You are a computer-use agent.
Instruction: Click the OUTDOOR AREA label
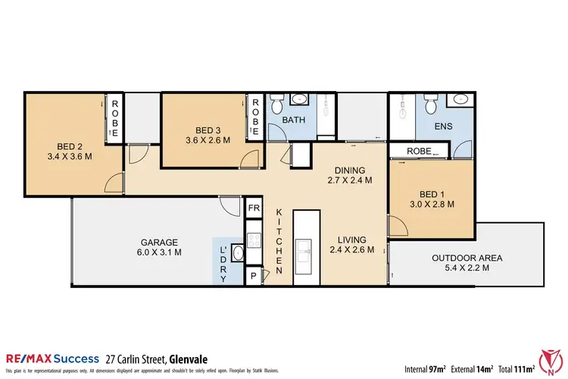pyautogui.click(x=467, y=262)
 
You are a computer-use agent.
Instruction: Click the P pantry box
pyautogui.click(x=254, y=277)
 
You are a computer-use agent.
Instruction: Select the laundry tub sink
pyautogui.click(x=236, y=254)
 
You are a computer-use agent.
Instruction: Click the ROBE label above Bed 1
pyautogui.click(x=420, y=151)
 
